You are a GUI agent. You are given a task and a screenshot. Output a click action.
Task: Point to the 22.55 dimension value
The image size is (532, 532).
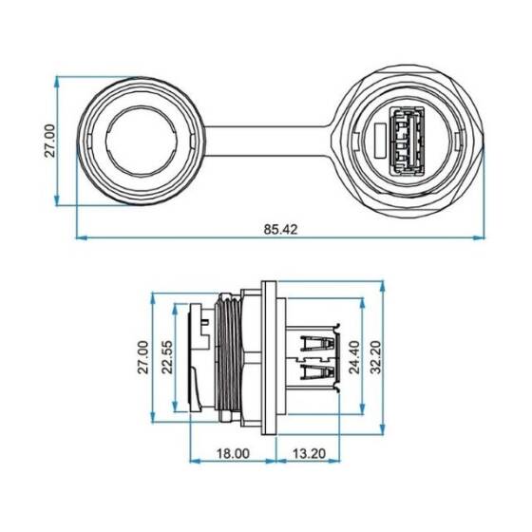point(165,358)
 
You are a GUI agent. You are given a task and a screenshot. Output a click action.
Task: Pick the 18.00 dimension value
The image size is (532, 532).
point(234,454)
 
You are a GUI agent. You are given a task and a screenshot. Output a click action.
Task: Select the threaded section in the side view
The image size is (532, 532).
point(229,358)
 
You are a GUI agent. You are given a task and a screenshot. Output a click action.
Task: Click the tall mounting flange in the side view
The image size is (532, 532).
point(269,358)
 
